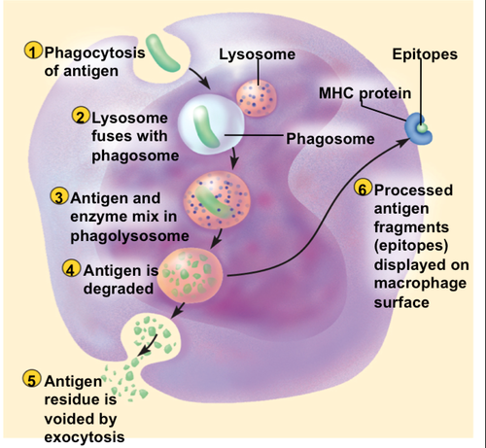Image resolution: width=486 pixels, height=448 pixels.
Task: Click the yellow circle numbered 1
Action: (32, 51)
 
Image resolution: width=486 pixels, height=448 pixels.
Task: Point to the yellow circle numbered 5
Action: (31, 378)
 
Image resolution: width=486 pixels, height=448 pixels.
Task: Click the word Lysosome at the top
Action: (257, 54)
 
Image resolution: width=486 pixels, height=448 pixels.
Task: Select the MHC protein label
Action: (365, 93)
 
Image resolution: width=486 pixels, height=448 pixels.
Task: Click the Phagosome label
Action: (330, 139)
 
